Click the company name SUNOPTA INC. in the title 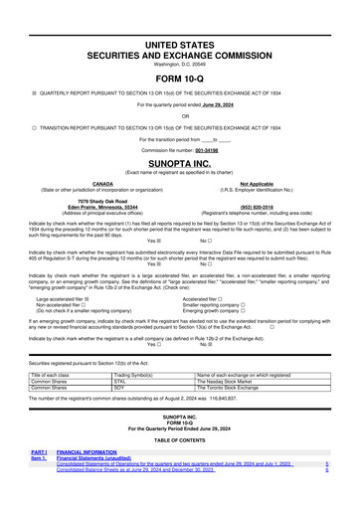179,143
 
